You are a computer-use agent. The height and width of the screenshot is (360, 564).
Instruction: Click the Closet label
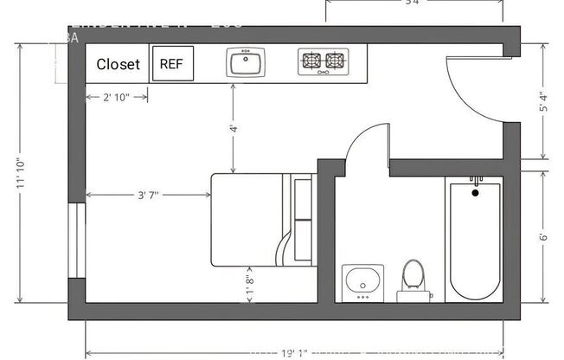119,64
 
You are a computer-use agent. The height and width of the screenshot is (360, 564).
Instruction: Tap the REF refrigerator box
173,63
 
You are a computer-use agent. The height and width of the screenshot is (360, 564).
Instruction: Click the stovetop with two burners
322,61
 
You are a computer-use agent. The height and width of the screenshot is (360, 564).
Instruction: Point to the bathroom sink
362,281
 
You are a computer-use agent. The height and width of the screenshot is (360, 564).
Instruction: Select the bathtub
475,237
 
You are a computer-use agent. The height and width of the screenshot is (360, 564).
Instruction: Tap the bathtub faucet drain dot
475,191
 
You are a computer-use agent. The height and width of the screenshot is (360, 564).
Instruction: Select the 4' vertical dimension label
233,128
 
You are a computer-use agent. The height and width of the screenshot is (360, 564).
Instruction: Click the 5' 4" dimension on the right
544,103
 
